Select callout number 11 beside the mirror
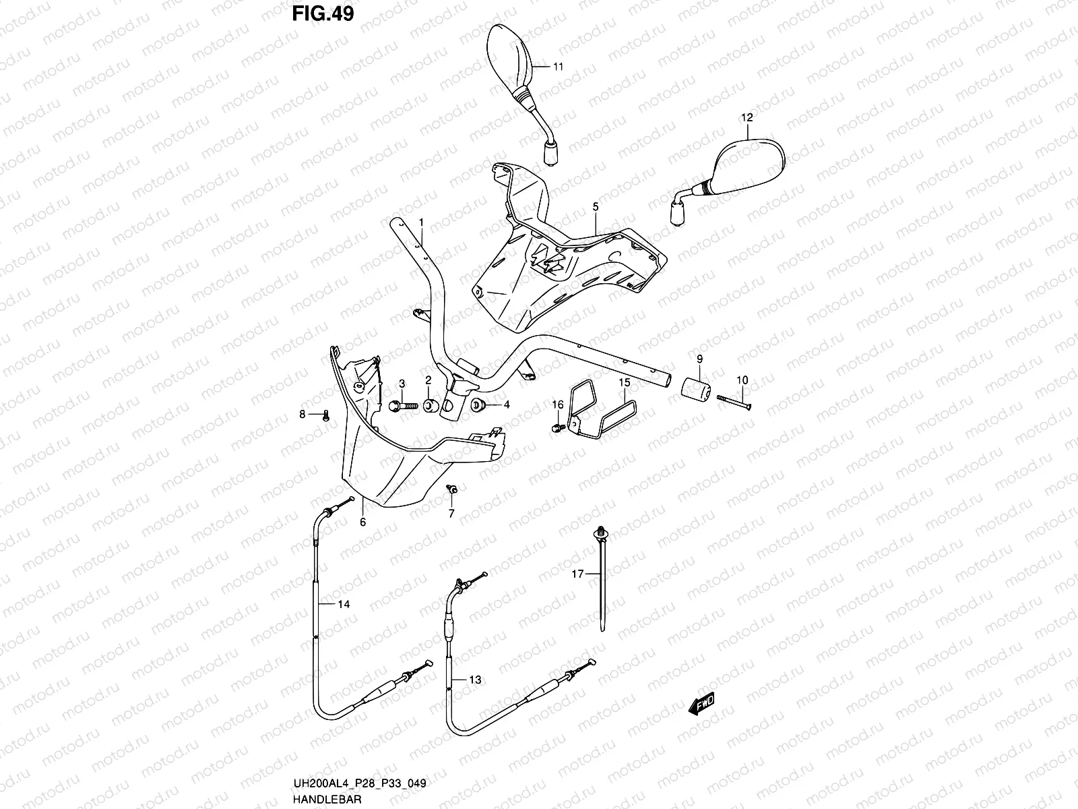558,66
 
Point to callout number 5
596,207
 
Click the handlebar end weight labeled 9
697,390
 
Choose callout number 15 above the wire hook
624,383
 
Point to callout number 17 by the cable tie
577,574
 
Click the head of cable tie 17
599,533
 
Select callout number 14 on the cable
344,605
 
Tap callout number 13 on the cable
475,680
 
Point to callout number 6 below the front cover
362,521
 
